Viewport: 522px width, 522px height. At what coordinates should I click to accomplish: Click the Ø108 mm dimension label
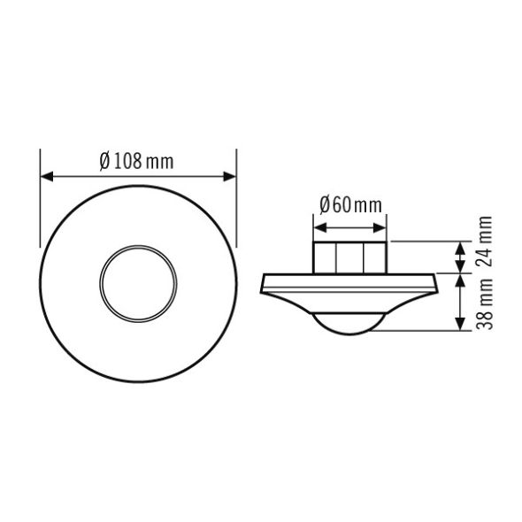[137, 161]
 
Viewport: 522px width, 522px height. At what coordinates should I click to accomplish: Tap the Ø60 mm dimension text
[350, 205]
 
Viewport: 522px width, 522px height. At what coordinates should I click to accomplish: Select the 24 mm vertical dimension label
[484, 242]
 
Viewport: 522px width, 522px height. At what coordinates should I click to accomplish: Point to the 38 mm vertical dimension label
[484, 303]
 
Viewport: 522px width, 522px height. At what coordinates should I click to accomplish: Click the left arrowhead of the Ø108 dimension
[47, 177]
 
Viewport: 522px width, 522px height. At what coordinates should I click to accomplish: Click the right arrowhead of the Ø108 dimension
[230, 177]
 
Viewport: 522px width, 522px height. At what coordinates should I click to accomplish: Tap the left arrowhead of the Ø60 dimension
[320, 228]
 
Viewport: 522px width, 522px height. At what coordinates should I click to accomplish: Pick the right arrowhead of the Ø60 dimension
[380, 228]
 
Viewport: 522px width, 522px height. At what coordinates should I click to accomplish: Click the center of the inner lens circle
[138, 284]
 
